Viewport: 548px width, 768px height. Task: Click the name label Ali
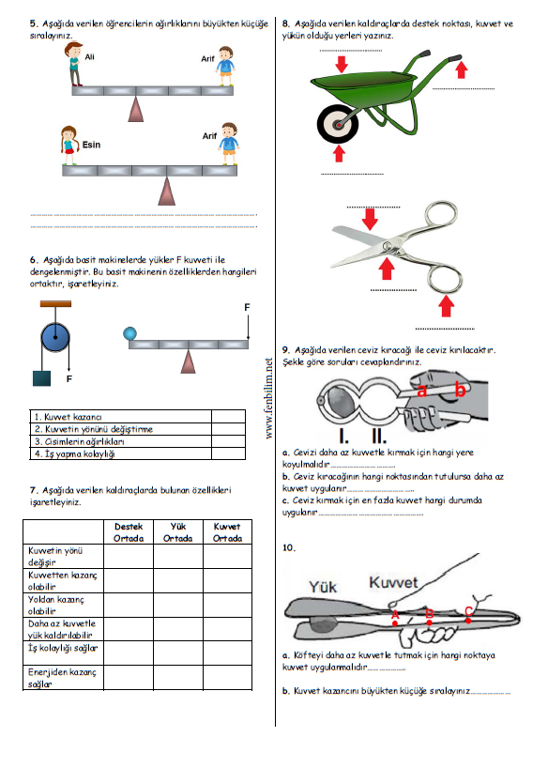tap(89, 57)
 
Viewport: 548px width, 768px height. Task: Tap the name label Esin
tap(91, 145)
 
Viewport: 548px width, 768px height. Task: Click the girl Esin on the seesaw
tap(69, 146)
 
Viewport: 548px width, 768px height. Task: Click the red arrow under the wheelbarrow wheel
tap(339, 154)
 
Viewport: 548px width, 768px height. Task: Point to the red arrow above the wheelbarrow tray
tap(342, 64)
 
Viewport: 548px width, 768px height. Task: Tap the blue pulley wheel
tap(54, 337)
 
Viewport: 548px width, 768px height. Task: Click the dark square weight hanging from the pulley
tap(41, 378)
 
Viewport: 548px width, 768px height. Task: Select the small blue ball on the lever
tap(129, 333)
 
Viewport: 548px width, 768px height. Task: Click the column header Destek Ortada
tap(129, 532)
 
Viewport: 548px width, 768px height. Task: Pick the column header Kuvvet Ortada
tap(227, 532)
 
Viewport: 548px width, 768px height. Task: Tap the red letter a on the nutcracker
tap(421, 391)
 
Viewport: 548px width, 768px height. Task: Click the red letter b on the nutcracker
tap(460, 389)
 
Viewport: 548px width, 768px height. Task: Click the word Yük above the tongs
tap(323, 587)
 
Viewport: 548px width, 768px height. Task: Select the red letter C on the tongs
tap(468, 611)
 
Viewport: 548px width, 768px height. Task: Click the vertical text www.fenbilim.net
tap(269, 398)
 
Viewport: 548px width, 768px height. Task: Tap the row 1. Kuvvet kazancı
tap(68, 417)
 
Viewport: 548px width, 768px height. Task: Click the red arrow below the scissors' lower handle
tap(446, 307)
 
